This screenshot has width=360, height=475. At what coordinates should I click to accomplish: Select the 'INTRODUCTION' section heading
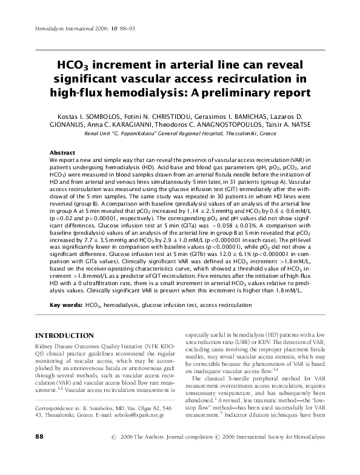pos(64,335)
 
